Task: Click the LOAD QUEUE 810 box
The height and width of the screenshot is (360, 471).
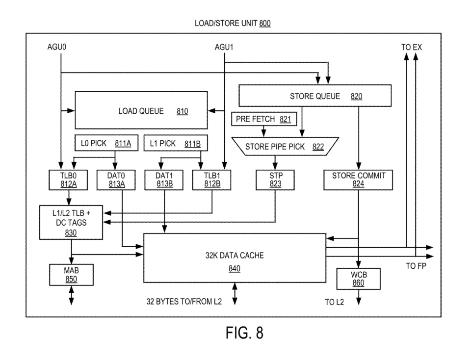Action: point(141,110)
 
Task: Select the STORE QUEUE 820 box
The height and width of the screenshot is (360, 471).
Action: point(315,96)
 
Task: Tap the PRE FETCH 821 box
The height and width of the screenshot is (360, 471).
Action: point(264,119)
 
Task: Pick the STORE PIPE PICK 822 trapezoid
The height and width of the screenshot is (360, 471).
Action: point(285,147)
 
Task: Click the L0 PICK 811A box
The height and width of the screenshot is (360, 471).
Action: point(106,143)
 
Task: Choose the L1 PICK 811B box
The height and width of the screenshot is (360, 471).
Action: point(176,143)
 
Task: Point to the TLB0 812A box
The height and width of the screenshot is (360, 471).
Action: point(68,180)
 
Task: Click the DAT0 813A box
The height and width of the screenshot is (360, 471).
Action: point(116,180)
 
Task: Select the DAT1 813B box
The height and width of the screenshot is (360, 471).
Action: point(164,180)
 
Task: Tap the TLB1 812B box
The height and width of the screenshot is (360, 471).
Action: point(212,180)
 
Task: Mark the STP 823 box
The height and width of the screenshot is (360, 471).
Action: point(275,180)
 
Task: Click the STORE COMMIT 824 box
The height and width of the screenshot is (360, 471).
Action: point(358,180)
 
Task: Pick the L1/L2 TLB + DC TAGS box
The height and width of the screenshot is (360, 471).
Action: point(71,223)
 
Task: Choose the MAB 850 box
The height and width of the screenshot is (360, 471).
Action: point(71,275)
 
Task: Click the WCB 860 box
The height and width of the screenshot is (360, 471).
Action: point(358,279)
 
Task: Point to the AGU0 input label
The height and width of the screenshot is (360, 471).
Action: point(57,47)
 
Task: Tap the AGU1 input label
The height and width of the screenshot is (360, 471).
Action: point(224,47)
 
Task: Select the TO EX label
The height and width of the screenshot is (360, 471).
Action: point(412,47)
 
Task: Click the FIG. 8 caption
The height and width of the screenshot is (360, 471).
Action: point(244,333)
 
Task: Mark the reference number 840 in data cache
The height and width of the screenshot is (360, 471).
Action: point(235,268)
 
